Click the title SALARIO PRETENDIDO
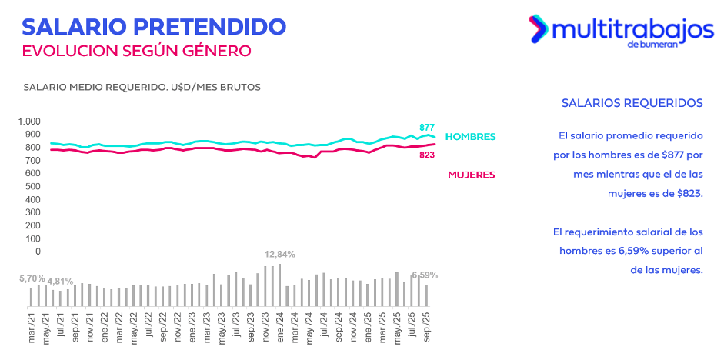click(154, 25)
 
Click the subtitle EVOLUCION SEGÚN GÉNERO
click(137, 51)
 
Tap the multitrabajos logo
click(621, 31)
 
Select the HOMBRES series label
click(471, 137)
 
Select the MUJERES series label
click(471, 175)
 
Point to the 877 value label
click(428, 127)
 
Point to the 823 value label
click(428, 155)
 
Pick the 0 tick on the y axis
click(36, 252)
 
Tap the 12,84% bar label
click(280, 254)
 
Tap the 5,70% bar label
click(32, 278)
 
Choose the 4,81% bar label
click(61, 281)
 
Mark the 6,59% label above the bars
click(425, 275)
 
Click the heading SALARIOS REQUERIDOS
click(632, 102)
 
